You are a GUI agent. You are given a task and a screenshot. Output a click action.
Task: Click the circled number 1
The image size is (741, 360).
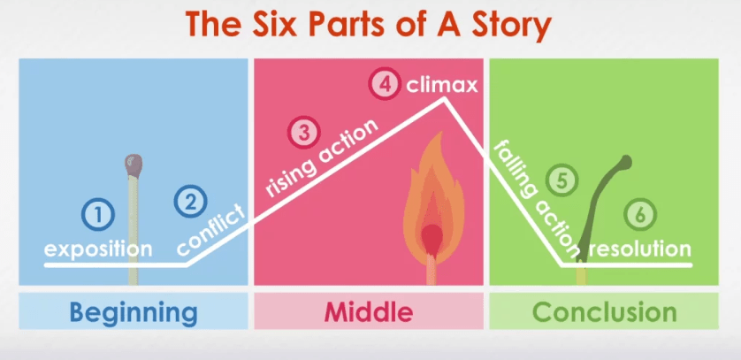(99, 213)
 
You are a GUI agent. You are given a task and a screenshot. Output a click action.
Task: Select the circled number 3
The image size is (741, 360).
(303, 134)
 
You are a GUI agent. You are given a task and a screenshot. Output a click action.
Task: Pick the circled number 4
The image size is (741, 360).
(384, 86)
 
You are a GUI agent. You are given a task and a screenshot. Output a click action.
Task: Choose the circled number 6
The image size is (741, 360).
(640, 213)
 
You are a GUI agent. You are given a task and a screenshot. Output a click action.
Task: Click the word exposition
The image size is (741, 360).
(98, 249)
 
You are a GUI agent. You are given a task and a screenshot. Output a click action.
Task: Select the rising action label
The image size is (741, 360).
(322, 157)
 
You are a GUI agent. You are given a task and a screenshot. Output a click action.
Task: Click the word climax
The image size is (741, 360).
(442, 86)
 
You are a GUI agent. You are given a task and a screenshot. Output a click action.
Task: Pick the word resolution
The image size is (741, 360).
(639, 249)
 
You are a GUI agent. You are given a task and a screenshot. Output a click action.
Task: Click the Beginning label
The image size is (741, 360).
(134, 312)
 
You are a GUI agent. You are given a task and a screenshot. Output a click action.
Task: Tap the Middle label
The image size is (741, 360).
(369, 312)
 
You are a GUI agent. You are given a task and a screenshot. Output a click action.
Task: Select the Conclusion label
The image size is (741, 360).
(604, 312)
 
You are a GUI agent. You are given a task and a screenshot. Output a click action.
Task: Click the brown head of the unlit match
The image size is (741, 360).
(134, 164)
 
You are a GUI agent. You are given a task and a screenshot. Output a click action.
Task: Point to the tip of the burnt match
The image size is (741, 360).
(625, 162)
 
